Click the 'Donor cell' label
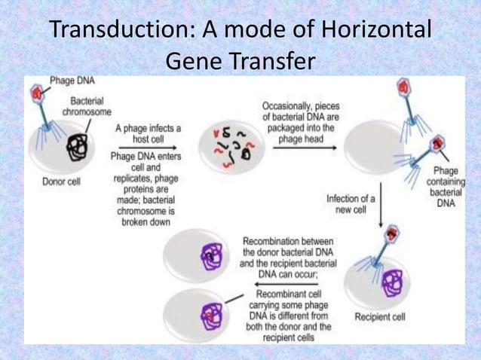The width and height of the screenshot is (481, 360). coord(61,181)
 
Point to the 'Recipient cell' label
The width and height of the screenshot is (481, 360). coord(379,317)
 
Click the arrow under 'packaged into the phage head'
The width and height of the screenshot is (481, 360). coord(295,148)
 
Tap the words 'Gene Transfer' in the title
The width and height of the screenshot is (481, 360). coord(240,62)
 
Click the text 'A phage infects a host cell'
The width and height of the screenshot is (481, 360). coord(148,133)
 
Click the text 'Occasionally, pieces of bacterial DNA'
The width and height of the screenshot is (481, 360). coord(295,111)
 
